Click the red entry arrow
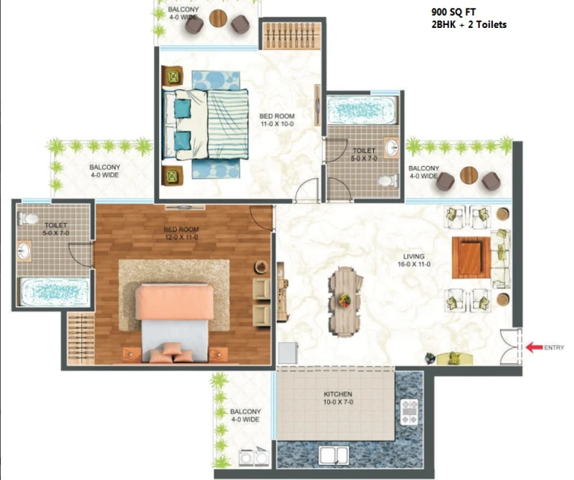pos(534,347)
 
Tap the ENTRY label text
pos(554,348)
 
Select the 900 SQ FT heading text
pos(453,12)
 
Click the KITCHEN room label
pos(338,394)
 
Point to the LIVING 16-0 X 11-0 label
pos(414,260)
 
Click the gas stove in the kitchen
pos(409,412)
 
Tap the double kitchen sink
pos(333,456)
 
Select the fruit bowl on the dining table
pos(344,300)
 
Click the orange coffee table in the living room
pos(471,257)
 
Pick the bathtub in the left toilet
pos(55,292)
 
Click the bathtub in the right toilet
pos(362,110)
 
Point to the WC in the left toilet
pos(29,219)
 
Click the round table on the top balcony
pos(218,18)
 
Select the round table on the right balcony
pos(469,175)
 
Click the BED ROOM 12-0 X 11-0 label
pos(182,234)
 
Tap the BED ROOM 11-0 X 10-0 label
pos(277,120)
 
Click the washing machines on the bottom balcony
pos(254,456)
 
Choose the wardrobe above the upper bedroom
pos(291,36)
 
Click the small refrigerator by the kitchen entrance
pos(288,353)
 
